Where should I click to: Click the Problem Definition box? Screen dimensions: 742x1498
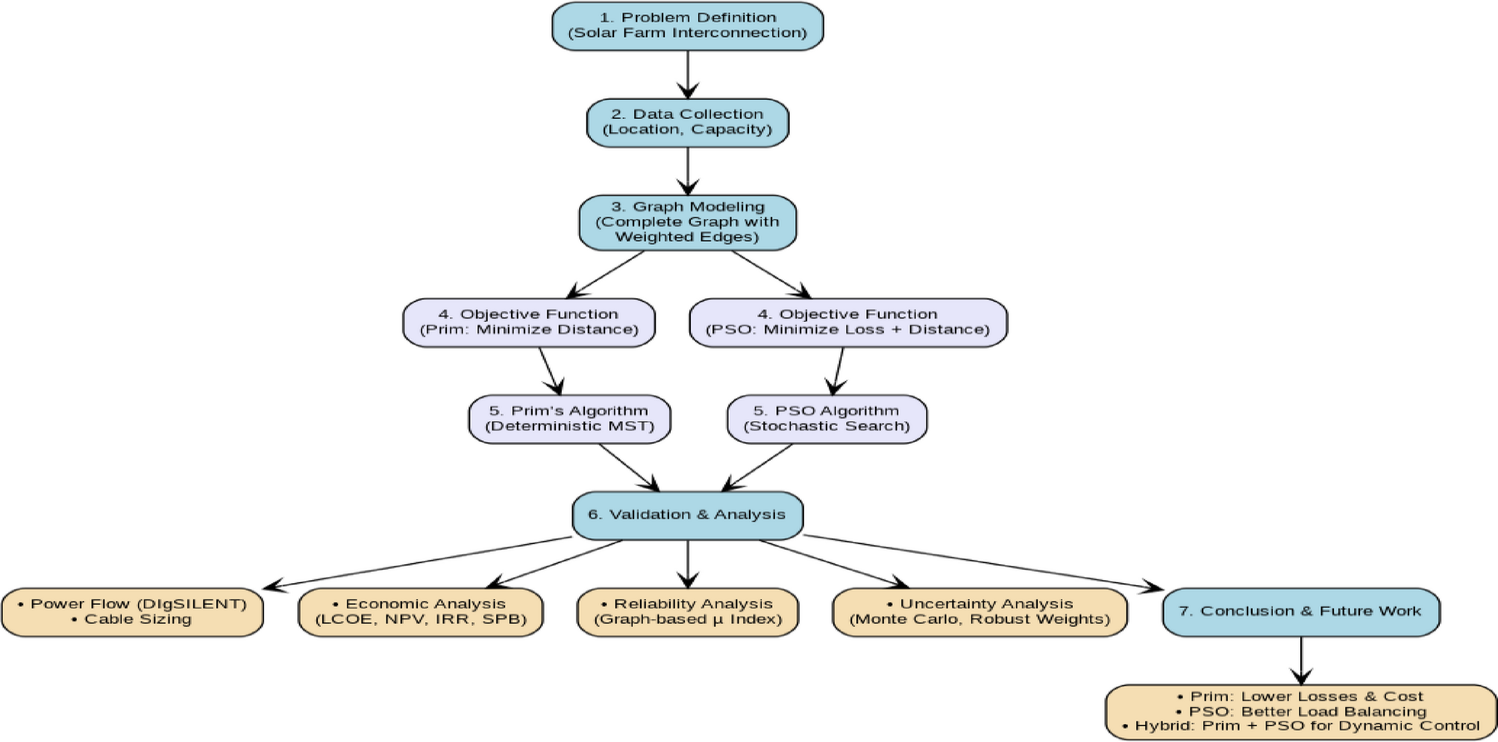687,26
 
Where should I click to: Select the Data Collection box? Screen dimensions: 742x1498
687,122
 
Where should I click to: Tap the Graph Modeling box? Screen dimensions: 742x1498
687,222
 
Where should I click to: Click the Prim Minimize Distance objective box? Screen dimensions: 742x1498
529,322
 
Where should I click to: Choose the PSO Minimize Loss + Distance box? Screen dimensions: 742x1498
847,322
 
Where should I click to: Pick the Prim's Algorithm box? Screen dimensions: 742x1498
569,419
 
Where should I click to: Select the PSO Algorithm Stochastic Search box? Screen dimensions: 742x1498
827,419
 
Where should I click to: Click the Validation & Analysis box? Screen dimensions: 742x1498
687,515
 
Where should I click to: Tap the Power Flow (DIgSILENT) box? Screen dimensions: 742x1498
133,612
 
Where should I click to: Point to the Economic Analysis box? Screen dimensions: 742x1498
421,612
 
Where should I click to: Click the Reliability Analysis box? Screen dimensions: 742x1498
687,612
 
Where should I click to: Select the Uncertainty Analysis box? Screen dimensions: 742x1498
979,612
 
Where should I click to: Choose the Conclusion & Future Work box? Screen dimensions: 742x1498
1300,611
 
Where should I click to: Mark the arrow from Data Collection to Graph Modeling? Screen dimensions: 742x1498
687,171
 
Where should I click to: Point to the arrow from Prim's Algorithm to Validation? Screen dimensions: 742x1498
629,467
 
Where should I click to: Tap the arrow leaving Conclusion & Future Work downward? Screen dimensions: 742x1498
1301,661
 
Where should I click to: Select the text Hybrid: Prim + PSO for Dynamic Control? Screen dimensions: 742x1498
1307,726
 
